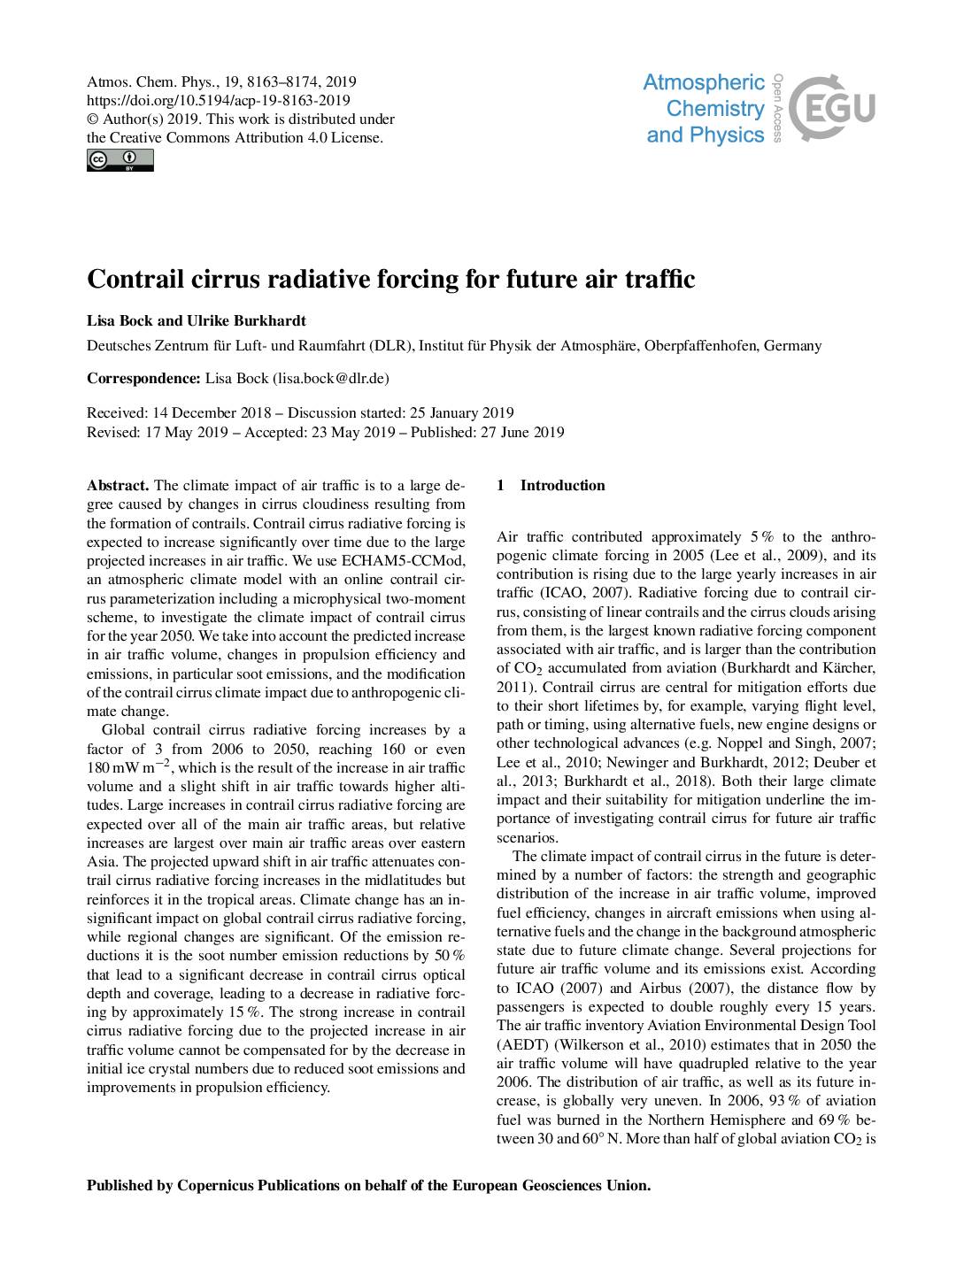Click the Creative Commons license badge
click(120, 160)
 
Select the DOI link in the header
click(219, 101)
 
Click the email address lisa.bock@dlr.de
click(331, 378)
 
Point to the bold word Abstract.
click(118, 485)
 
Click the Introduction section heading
click(562, 485)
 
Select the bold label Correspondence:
click(143, 378)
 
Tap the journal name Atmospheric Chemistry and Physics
click(705, 109)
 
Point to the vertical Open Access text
click(777, 107)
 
